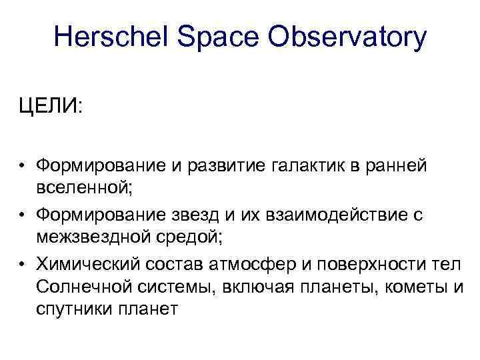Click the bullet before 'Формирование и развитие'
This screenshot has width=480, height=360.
pyautogui.click(x=23, y=165)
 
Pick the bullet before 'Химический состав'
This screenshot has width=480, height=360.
pyautogui.click(x=23, y=264)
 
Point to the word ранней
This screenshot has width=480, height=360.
pyautogui.click(x=396, y=165)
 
